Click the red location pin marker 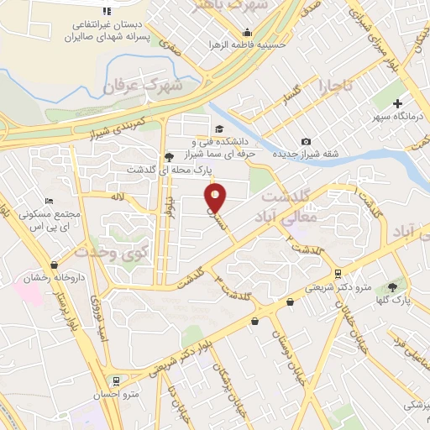tap(216, 198)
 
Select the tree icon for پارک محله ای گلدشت tap(169, 156)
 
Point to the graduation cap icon tap(219, 128)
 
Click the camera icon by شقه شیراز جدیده tap(306, 141)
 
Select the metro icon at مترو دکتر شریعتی tap(338, 273)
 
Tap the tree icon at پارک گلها tap(392, 287)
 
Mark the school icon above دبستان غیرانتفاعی tap(106, 11)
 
